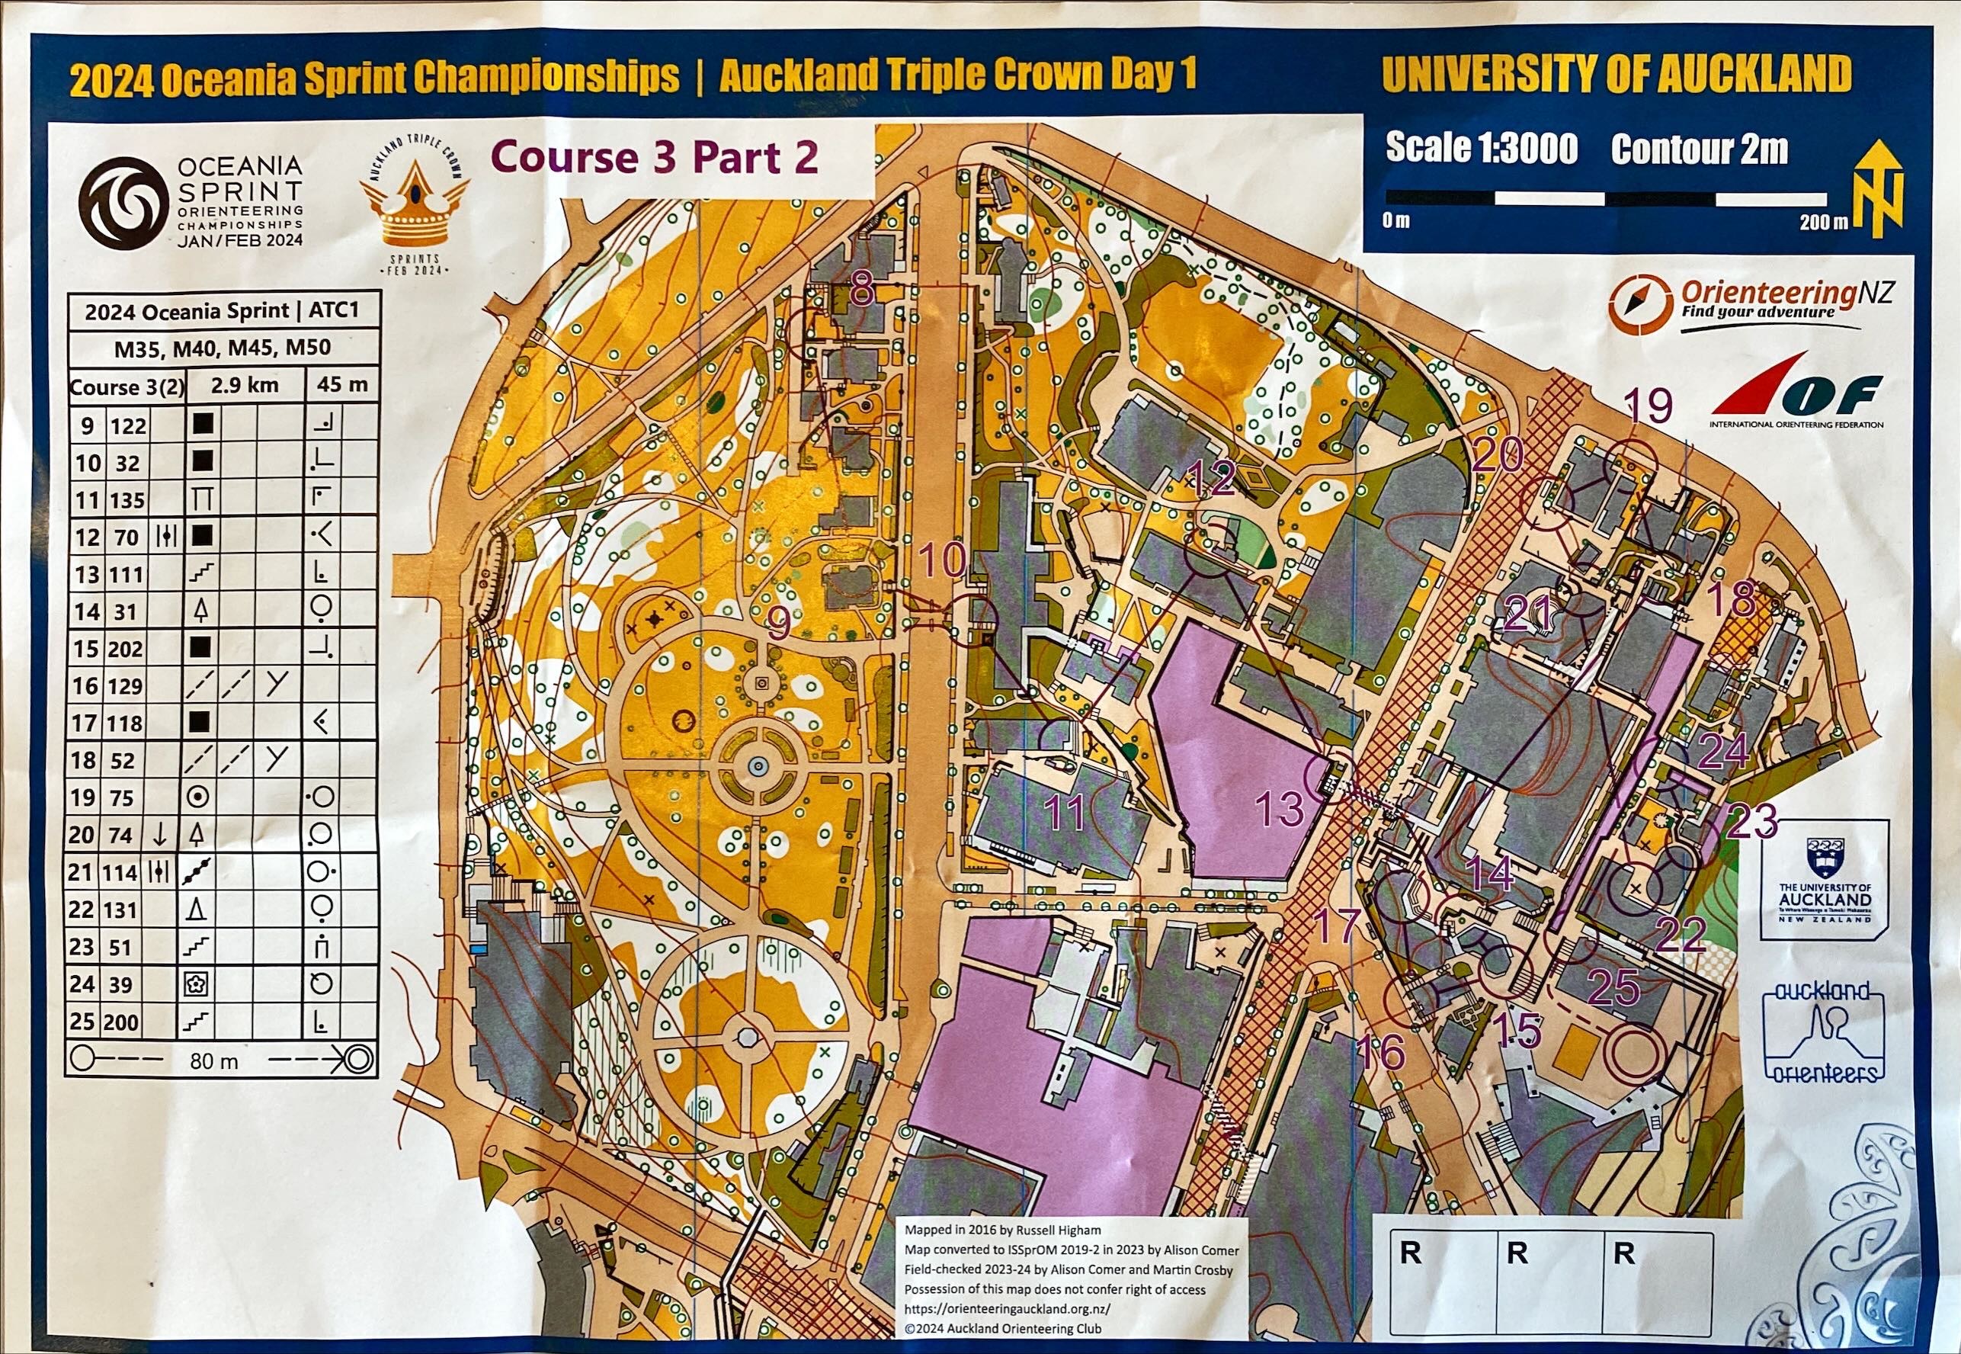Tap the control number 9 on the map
(x=779, y=625)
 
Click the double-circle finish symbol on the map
(x=1636, y=1051)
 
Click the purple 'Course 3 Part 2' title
(x=655, y=157)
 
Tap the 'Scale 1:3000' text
(x=1481, y=148)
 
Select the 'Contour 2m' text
(x=1699, y=149)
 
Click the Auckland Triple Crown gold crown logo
(x=415, y=210)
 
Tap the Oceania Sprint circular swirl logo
(x=122, y=202)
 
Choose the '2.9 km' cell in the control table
(x=245, y=386)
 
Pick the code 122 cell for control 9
(x=128, y=425)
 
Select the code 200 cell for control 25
(x=122, y=1022)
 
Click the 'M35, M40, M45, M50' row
(x=223, y=348)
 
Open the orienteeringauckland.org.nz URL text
(x=1007, y=1309)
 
